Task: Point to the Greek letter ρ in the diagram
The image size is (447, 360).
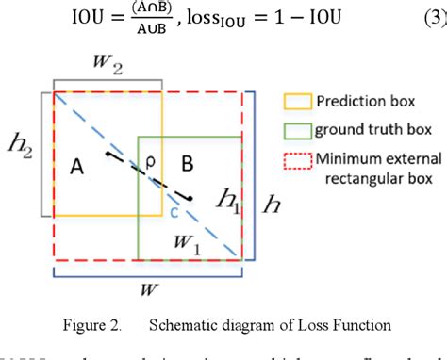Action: pyautogui.click(x=150, y=162)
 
